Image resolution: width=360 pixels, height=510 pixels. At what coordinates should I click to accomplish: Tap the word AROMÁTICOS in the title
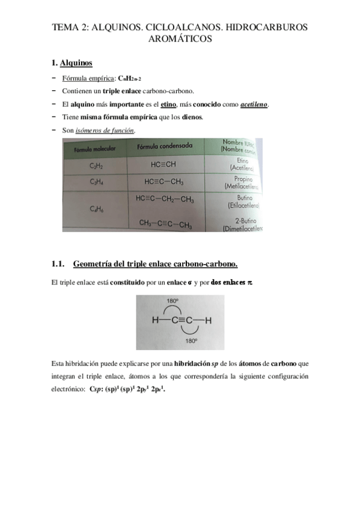[180, 39]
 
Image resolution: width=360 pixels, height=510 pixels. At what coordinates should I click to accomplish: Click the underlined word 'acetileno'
[254, 103]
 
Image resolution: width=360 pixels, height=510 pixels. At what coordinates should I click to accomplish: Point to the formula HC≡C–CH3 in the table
[163, 182]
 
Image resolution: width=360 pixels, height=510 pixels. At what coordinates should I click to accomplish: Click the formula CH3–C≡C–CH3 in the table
[165, 224]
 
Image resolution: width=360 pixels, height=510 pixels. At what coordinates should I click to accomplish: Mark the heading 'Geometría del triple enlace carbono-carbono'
[155, 264]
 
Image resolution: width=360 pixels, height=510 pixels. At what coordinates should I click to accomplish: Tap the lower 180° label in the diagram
[192, 340]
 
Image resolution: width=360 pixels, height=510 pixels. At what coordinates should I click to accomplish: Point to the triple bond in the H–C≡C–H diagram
[183, 321]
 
